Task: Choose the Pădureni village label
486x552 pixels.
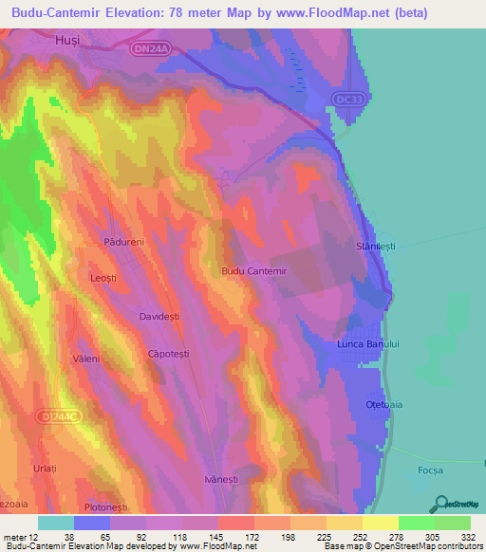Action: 123,243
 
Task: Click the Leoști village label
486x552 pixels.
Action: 103,277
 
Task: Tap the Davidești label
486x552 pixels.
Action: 159,317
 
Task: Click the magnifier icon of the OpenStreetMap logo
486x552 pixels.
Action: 439,503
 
